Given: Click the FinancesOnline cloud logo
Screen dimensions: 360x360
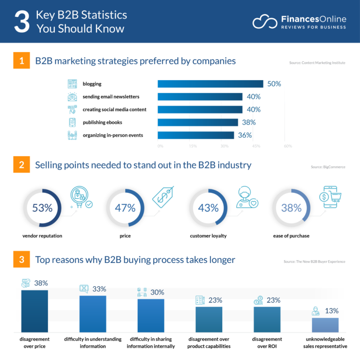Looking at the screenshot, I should (265, 22).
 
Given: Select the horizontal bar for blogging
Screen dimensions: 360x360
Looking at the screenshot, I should (210, 84).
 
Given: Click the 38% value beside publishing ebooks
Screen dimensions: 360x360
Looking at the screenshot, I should (248, 122).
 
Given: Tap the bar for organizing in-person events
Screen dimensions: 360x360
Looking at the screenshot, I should (195, 135).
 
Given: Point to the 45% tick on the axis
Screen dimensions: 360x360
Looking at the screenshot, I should (256, 146).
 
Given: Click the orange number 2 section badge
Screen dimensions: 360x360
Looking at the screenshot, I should (22, 165).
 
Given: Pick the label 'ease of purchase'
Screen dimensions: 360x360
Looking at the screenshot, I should (291, 236).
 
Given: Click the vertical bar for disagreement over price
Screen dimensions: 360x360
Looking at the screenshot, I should (35, 311).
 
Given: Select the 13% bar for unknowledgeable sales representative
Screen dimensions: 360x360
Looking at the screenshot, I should (325, 325).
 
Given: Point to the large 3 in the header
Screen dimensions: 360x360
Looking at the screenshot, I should (21, 22).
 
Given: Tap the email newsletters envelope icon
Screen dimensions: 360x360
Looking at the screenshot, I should (72, 97).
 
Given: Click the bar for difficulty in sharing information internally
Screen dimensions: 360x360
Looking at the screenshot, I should (151, 315).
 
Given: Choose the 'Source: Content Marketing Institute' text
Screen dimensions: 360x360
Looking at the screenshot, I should (317, 63).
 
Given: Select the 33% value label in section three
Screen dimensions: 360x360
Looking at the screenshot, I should (99, 289).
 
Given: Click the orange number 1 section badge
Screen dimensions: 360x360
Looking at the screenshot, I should (22, 61).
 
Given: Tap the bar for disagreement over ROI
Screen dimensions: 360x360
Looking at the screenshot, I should (267, 319).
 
